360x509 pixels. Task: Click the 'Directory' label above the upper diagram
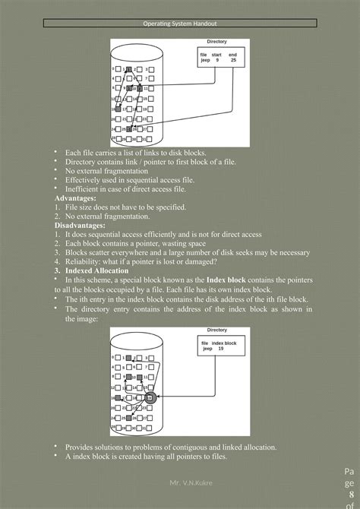tap(216, 41)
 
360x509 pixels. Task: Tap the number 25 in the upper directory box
tap(232, 60)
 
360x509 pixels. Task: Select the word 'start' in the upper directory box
tap(216, 55)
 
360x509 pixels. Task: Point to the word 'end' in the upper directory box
tap(232, 55)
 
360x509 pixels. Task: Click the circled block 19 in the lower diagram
tap(150, 397)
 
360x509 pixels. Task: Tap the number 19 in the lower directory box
tap(221, 348)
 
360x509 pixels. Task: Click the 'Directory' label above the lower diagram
tap(216, 330)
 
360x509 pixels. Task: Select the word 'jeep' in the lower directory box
tap(207, 348)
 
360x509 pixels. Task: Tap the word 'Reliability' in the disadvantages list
tap(84, 262)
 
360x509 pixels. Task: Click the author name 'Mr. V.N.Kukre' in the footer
tap(191, 483)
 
